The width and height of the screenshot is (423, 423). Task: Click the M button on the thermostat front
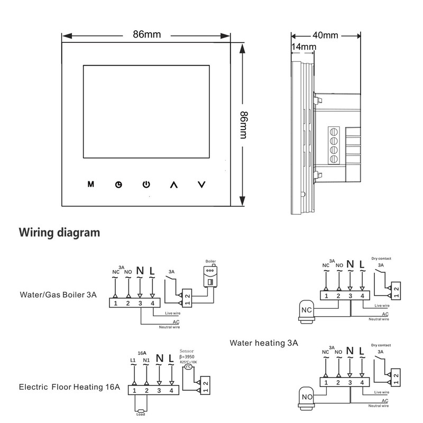click(x=90, y=185)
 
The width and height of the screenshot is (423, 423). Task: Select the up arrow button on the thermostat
click(x=173, y=185)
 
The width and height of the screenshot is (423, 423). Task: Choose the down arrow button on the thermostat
click(x=201, y=185)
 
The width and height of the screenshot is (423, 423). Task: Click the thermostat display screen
click(x=146, y=111)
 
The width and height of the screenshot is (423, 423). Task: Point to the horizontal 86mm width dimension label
click(x=146, y=35)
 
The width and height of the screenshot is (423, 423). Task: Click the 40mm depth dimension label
click(x=325, y=35)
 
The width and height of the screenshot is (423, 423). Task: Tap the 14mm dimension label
click(x=304, y=47)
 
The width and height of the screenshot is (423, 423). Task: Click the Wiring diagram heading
click(x=59, y=232)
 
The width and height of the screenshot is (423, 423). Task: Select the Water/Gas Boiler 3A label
click(x=58, y=295)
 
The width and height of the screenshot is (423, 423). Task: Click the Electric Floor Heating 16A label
click(x=69, y=387)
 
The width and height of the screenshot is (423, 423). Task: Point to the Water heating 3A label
click(x=264, y=343)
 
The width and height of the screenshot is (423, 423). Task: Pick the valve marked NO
click(x=307, y=396)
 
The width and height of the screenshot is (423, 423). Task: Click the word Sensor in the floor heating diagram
click(x=188, y=351)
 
